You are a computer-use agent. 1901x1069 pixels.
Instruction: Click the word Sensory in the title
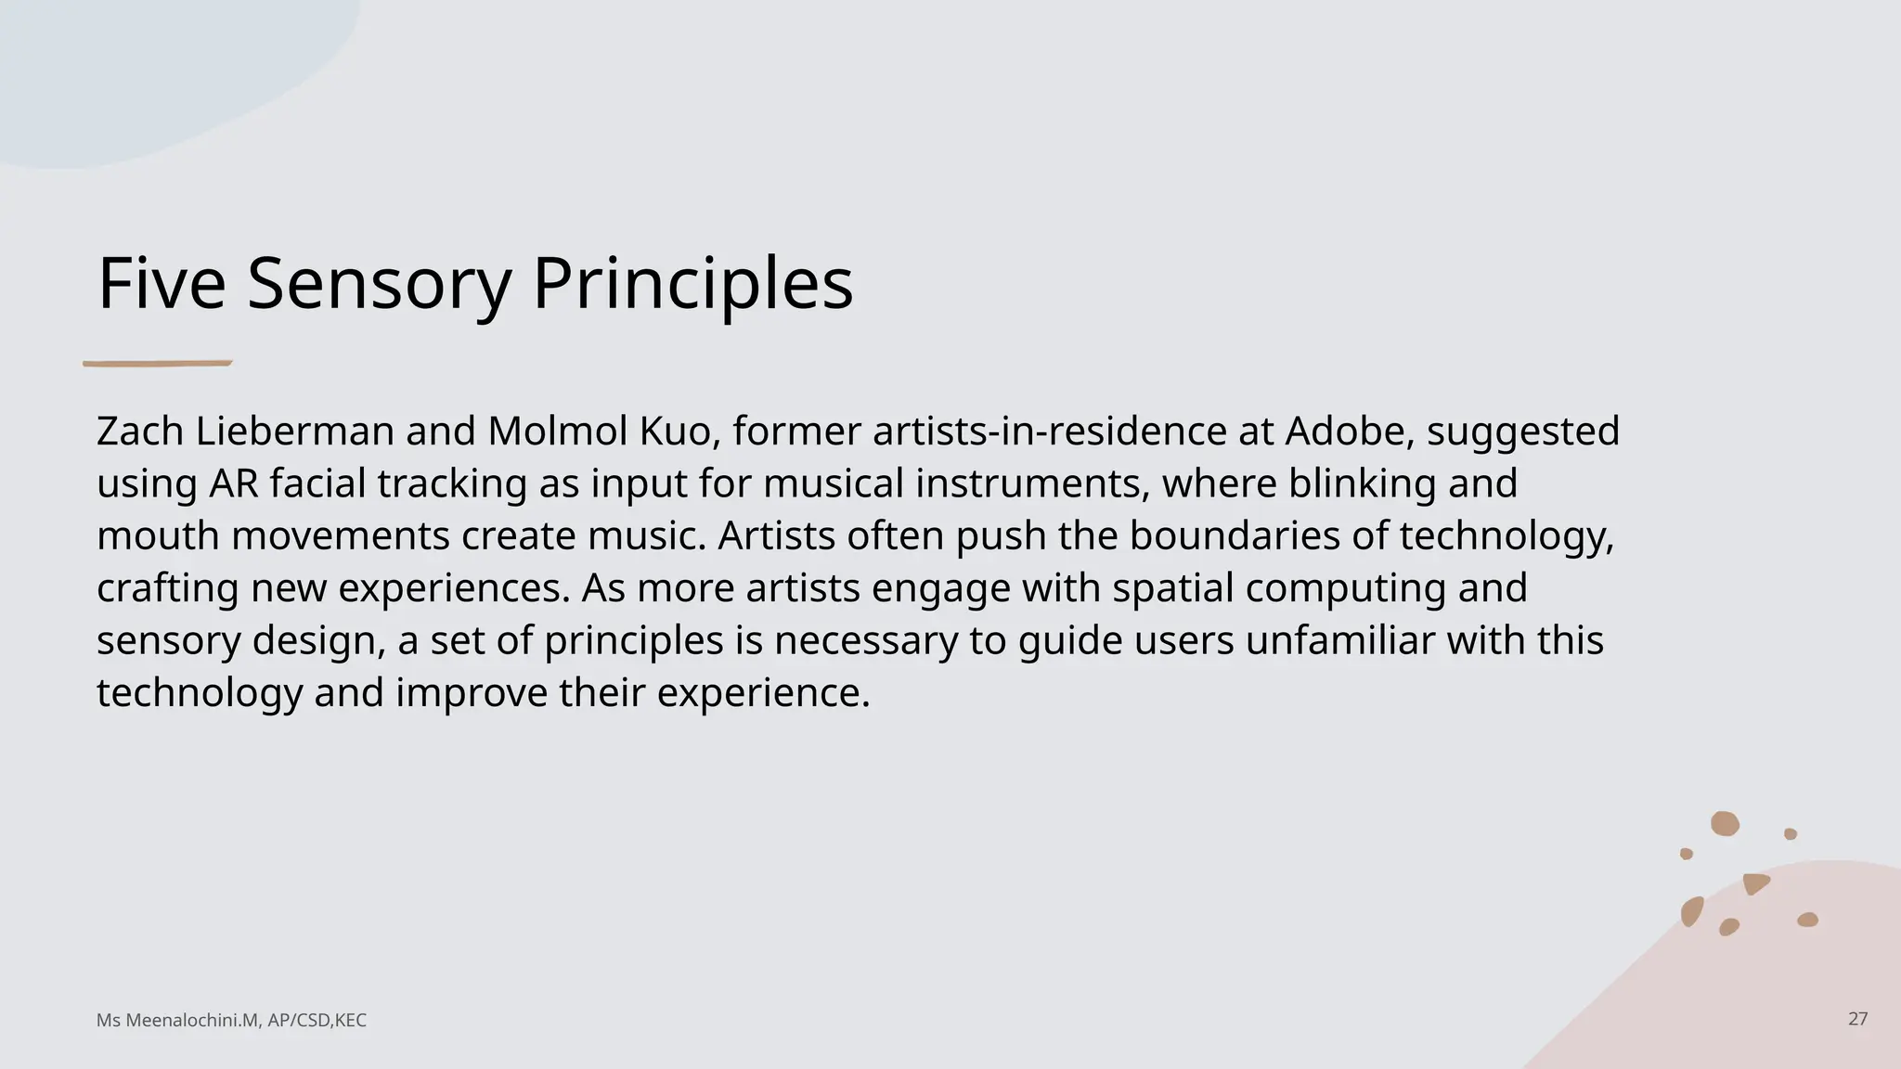(x=379, y=284)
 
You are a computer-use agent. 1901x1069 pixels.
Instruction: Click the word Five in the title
(x=162, y=284)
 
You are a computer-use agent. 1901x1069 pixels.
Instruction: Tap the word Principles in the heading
(x=692, y=284)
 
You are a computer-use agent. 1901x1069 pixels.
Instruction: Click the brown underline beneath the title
(x=157, y=364)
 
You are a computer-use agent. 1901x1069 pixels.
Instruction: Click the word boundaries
(x=1235, y=536)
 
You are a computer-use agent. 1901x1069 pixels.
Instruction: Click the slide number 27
(x=1857, y=1019)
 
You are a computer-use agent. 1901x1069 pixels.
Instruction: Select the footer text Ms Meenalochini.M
(x=176, y=1021)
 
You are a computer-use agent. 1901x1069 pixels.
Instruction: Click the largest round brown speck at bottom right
(x=1725, y=823)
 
